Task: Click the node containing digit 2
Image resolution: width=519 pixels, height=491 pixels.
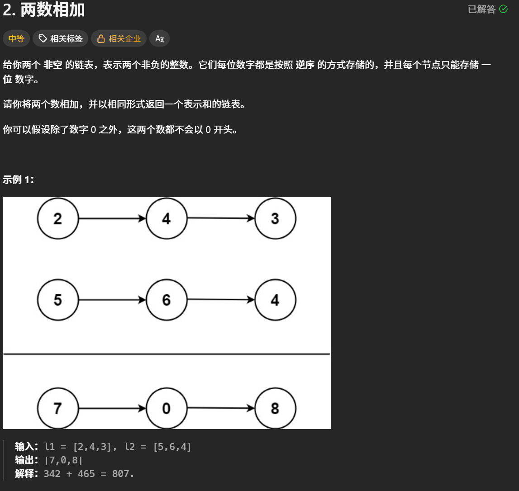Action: point(58,219)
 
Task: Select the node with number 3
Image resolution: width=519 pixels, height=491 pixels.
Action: point(275,219)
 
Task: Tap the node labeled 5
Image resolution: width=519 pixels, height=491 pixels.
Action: point(58,300)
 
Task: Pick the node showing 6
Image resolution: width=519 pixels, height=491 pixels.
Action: point(167,300)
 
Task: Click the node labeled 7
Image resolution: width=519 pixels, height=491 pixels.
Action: point(58,409)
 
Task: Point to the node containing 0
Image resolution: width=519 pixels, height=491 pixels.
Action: point(167,409)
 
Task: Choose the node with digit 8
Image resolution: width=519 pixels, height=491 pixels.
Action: point(275,409)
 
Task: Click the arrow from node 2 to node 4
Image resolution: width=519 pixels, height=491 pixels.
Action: point(112,219)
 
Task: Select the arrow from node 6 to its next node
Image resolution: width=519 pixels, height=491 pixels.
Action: point(221,300)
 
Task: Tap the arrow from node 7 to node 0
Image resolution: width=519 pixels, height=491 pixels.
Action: point(112,409)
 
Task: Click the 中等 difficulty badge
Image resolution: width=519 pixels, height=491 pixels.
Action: point(16,39)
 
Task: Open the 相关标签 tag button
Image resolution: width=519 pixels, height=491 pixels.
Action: point(61,39)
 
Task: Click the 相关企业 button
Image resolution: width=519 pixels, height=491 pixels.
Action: point(119,39)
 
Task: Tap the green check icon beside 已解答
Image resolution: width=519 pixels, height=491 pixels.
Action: point(503,9)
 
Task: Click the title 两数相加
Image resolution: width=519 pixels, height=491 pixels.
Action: point(52,10)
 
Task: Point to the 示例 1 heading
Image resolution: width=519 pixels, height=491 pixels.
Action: point(18,179)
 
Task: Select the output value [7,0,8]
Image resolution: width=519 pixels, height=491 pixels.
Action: point(63,460)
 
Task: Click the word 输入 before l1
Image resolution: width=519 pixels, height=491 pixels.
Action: point(24,447)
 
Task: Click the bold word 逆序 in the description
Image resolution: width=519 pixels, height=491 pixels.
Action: point(305,65)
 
